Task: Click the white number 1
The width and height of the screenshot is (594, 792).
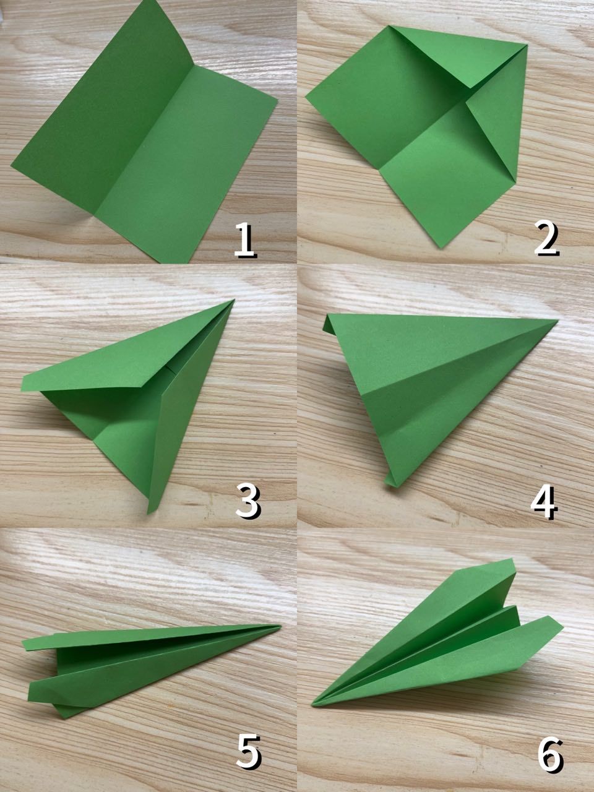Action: (x=246, y=239)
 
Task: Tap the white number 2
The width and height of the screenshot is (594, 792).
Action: (x=546, y=238)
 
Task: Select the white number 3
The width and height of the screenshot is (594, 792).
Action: (x=248, y=501)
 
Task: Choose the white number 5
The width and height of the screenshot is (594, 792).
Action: (x=249, y=765)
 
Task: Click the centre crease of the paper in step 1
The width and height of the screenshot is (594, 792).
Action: (x=145, y=141)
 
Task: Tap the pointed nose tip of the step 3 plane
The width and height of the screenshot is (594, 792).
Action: (x=234, y=299)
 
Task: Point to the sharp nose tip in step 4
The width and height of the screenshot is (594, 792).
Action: (x=557, y=320)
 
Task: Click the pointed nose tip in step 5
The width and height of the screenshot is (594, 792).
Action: (x=280, y=626)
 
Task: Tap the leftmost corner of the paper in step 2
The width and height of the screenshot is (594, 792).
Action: (x=306, y=97)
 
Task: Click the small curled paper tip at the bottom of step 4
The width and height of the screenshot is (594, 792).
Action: (x=390, y=481)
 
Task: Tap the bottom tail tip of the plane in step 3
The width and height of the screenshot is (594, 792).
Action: (x=148, y=513)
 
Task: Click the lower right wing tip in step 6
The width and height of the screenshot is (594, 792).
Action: (x=562, y=627)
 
